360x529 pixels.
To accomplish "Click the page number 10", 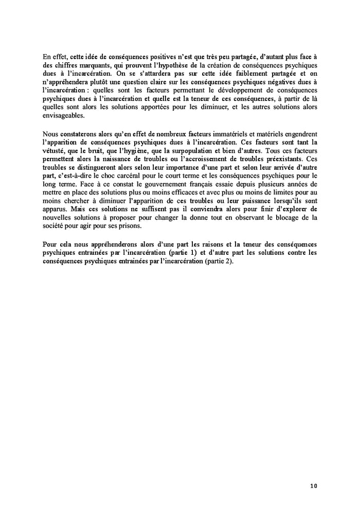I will pos(314,486).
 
